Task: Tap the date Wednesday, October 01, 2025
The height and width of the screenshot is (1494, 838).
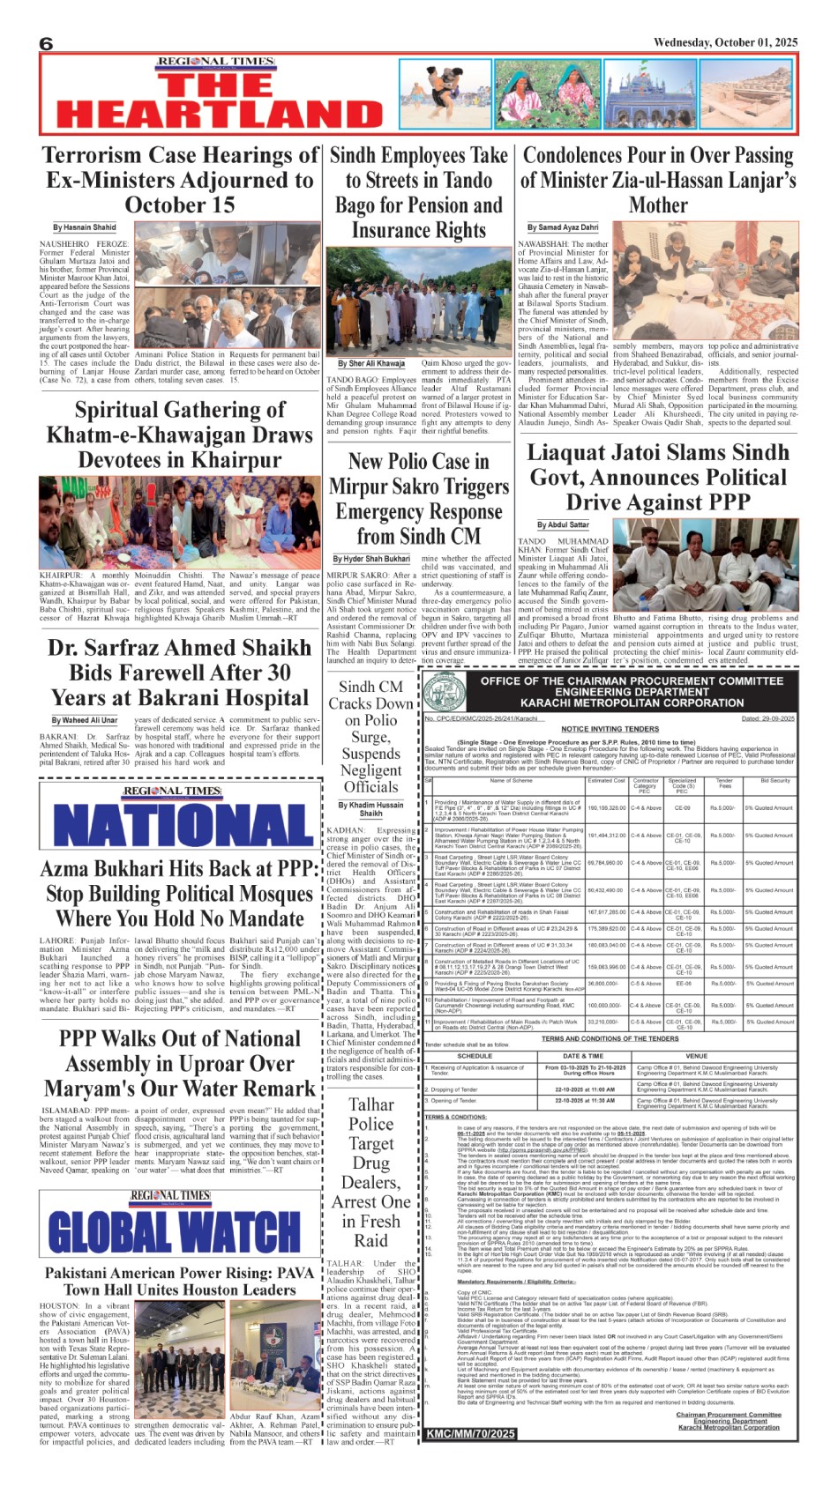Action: coord(725,42)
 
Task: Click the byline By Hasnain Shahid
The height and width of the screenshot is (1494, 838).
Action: coord(84,227)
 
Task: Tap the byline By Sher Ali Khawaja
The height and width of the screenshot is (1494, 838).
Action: coord(370,363)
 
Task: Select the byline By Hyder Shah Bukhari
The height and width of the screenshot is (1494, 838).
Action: coord(371,559)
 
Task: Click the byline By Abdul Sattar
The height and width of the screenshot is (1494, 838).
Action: coord(563,525)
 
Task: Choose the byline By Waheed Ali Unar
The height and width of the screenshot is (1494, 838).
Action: coord(84,720)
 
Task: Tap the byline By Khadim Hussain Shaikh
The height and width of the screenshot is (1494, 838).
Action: coord(370,809)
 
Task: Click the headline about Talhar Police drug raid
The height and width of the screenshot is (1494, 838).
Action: coord(370,1172)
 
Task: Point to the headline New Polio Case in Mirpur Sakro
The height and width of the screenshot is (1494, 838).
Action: coord(418,499)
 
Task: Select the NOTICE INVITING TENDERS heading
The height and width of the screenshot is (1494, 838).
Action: coord(610,729)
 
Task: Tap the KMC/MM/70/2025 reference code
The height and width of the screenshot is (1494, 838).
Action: coord(470,1434)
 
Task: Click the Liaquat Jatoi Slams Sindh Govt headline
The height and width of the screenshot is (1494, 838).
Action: coord(657,477)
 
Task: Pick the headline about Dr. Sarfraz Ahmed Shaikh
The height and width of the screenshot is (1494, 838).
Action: coord(178,673)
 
